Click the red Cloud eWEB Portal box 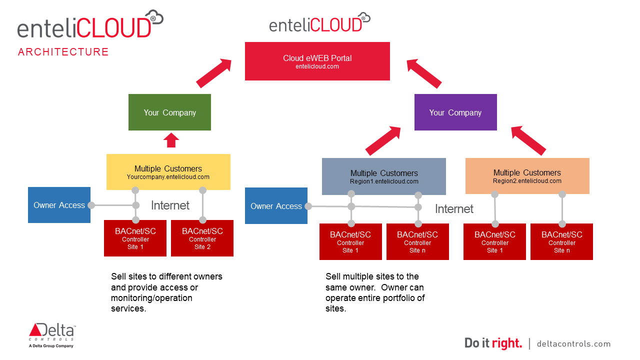click(x=317, y=61)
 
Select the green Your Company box click(x=169, y=112)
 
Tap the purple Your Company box click(x=455, y=112)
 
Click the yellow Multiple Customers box click(x=168, y=171)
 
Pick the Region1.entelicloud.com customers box click(x=383, y=176)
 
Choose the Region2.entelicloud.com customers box click(x=527, y=176)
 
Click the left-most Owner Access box click(x=59, y=205)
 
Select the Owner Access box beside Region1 click(x=276, y=206)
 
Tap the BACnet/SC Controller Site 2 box click(x=202, y=238)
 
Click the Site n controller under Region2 click(x=561, y=242)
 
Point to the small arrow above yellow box click(x=171, y=140)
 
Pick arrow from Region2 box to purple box click(x=528, y=140)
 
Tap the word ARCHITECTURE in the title click(x=63, y=52)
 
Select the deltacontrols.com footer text click(x=573, y=343)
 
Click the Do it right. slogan click(x=493, y=343)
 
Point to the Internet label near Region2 click(x=454, y=209)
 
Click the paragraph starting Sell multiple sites click(x=375, y=292)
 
